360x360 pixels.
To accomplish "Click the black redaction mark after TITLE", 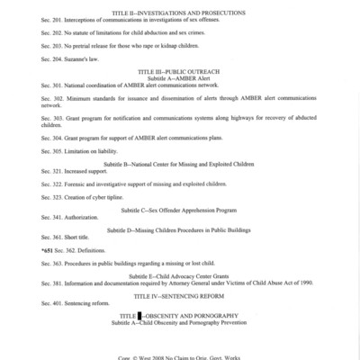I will tap(139, 313).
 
